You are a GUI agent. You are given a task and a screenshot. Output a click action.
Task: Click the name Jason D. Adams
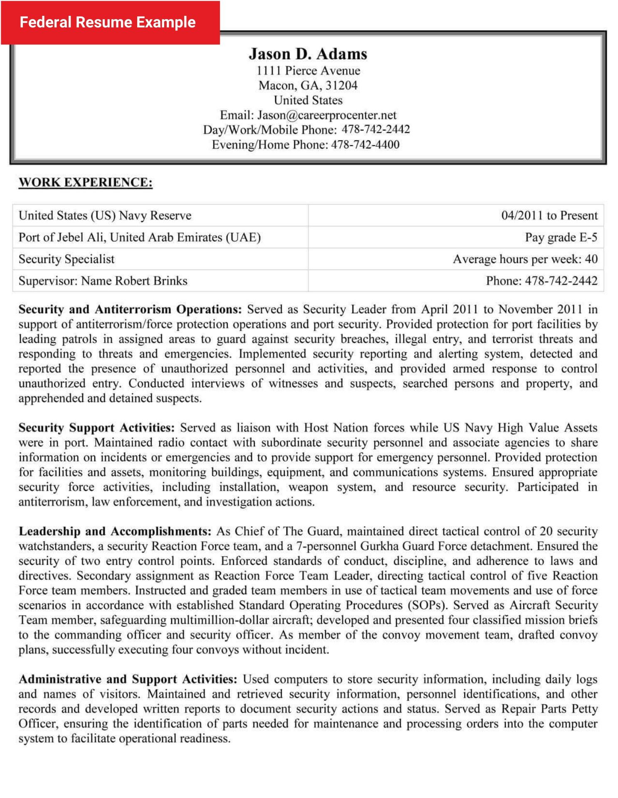pos(308,54)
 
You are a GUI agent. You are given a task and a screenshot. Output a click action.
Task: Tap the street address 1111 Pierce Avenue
pos(308,71)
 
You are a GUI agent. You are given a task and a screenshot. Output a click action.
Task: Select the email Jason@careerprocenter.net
pos(326,115)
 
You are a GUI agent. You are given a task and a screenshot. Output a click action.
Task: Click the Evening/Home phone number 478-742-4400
pos(365,145)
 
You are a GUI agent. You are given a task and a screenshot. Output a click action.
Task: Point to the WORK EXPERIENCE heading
pos(86,182)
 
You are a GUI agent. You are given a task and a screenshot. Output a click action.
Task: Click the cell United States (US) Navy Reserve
pos(105,216)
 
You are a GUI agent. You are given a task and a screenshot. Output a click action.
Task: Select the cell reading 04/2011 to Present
pos(549,216)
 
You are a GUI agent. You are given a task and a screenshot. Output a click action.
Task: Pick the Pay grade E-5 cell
pos(561,237)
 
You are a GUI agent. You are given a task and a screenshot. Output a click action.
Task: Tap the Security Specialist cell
pos(66,259)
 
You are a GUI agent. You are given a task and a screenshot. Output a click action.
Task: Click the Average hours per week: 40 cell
pos(525,259)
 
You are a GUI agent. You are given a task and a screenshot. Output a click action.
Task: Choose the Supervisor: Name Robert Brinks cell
pos(103,281)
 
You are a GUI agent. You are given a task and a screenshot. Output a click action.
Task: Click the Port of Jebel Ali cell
pos(140,237)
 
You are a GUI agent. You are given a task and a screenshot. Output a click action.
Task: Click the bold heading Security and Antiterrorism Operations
pos(130,310)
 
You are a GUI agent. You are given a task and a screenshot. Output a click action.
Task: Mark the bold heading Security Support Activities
pos(96,428)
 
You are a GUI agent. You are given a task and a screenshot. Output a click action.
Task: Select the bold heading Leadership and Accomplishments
pos(115,532)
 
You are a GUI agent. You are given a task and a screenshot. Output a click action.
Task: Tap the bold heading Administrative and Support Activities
pos(128,679)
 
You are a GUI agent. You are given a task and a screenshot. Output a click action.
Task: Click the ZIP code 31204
pos(341,86)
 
